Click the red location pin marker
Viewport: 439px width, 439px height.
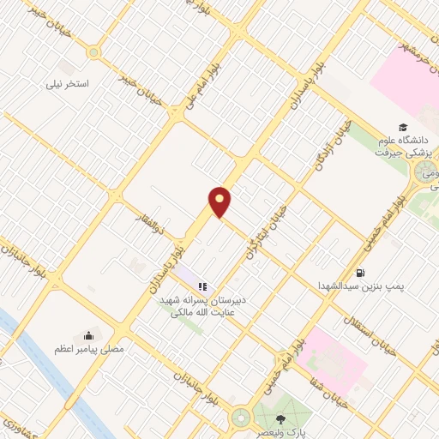coord(220,201)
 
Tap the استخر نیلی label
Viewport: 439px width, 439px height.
coord(73,86)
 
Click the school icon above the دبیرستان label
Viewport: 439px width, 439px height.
coord(202,287)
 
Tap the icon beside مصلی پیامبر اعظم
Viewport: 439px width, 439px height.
coord(88,335)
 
